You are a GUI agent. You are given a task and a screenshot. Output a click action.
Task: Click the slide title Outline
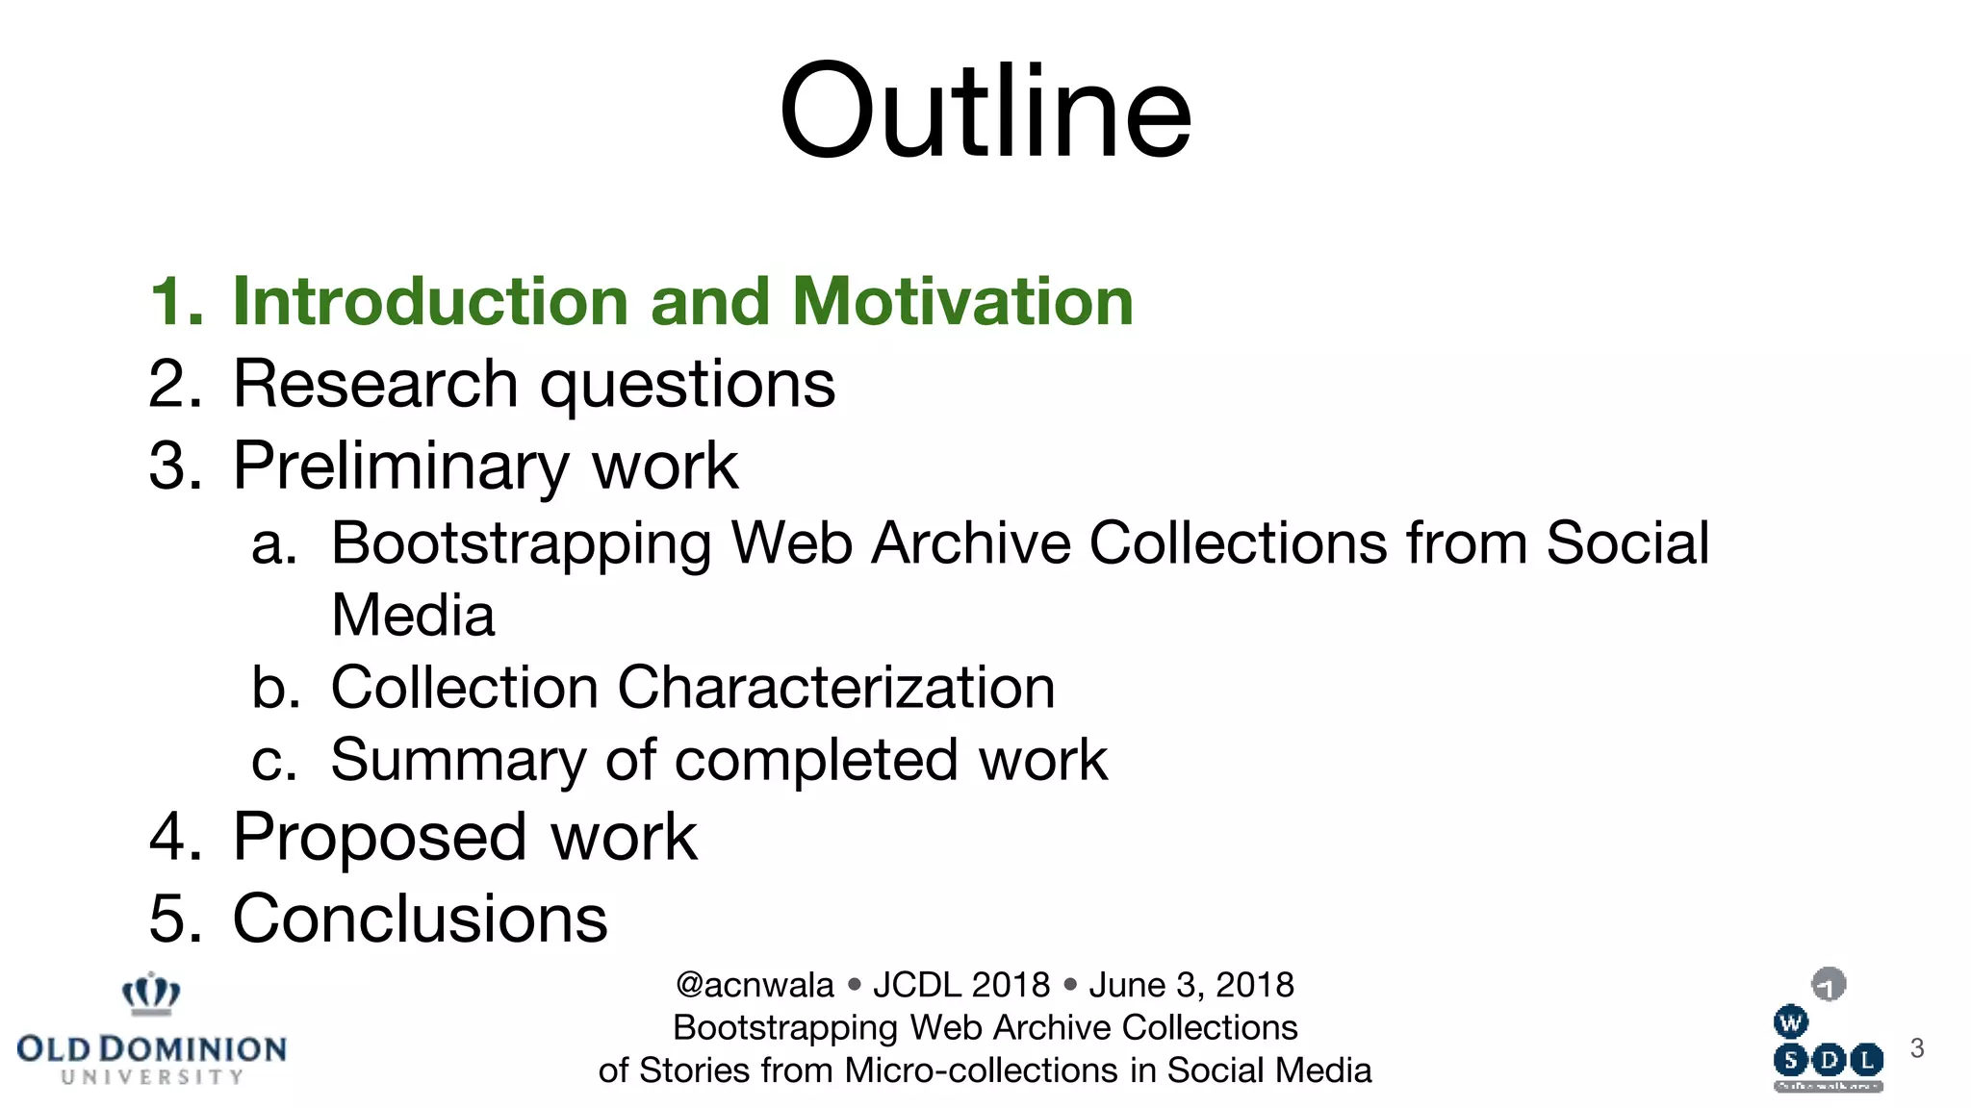pyautogui.click(x=985, y=111)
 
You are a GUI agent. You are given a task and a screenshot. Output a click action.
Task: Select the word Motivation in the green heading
pyautogui.click(x=962, y=301)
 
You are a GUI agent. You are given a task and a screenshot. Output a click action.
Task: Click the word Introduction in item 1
pyautogui.click(x=431, y=301)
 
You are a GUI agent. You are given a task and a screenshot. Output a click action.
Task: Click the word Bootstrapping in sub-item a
pyautogui.click(x=521, y=543)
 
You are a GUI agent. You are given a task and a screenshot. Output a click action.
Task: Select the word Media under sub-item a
pyautogui.click(x=413, y=616)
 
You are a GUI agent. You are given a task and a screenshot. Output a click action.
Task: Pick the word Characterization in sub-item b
pyautogui.click(x=836, y=688)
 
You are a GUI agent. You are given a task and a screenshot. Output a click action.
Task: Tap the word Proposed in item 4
pyautogui.click(x=379, y=837)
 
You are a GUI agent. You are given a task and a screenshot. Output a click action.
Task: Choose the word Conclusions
pyautogui.click(x=421, y=919)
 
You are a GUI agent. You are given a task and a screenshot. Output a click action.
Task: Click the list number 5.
pyautogui.click(x=173, y=919)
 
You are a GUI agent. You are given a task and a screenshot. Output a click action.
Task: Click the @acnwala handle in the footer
pyautogui.click(x=755, y=985)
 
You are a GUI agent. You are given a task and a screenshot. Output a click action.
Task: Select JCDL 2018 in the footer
pyautogui.click(x=960, y=985)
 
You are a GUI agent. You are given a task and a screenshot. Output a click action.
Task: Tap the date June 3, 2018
pyautogui.click(x=1190, y=985)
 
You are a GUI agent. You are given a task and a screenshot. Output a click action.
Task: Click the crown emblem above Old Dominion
pyautogui.click(x=151, y=994)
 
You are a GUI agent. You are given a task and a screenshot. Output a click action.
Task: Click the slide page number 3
pyautogui.click(x=1916, y=1048)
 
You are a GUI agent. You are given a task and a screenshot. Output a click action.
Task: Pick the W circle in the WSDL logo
pyautogui.click(x=1790, y=1022)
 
